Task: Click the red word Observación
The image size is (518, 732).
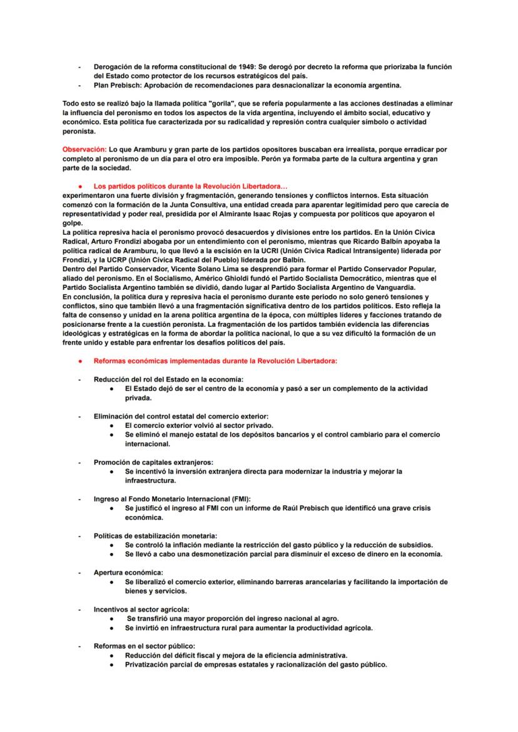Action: pos(83,150)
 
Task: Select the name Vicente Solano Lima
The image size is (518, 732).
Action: pos(200,269)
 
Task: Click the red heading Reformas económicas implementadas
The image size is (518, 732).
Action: pos(215,361)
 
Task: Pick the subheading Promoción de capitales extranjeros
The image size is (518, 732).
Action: pos(153,462)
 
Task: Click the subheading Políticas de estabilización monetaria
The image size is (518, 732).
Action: pos(155,535)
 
